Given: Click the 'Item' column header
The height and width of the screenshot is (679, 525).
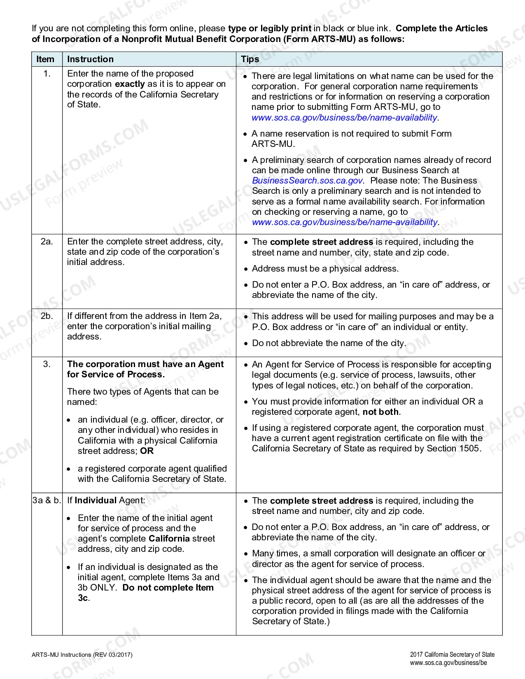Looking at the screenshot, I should coord(45,59).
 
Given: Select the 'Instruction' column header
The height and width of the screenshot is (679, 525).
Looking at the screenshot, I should coord(90,59).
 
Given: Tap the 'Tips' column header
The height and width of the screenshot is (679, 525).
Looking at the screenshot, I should coord(250,59).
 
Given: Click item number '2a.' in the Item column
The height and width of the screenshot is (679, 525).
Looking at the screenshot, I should coord(47,242).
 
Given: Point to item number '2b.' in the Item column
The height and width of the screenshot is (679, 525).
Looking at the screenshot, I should coord(47,316).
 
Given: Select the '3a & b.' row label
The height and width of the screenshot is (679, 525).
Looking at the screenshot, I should coord(47,500).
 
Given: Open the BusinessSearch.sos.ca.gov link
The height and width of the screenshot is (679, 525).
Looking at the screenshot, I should coord(307,181).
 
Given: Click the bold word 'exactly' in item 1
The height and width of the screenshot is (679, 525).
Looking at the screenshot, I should coord(130,84).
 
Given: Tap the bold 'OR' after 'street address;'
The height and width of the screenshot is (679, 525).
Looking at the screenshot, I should coord(147,451).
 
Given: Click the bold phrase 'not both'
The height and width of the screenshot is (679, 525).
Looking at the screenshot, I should coord(380,412).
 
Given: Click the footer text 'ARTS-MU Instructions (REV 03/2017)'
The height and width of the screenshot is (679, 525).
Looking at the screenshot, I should coord(82,655).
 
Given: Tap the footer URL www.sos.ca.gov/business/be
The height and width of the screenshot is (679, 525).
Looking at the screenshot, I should coord(448,663).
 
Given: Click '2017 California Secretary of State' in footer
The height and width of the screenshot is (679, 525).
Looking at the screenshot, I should coord(452,655).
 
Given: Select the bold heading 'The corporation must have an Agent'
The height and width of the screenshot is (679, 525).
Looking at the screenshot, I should coord(145,364).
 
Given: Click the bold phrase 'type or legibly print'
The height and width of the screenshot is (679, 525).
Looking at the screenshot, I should coord(270,28).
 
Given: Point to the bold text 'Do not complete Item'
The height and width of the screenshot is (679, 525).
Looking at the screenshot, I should coord(168,588).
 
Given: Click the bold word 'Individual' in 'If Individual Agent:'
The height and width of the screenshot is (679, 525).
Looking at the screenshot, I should coord(96,500).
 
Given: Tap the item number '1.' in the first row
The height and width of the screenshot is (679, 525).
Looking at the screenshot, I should coord(47,74).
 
